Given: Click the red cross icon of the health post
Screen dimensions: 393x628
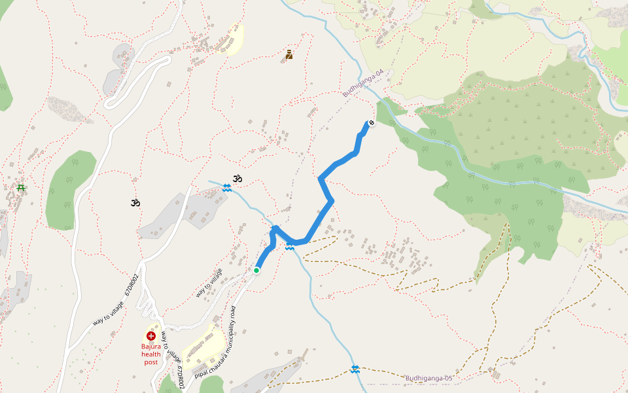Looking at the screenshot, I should pyautogui.click(x=151, y=335).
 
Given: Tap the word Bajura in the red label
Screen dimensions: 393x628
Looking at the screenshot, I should pyautogui.click(x=151, y=346).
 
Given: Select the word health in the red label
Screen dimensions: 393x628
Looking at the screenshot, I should pyautogui.click(x=151, y=354).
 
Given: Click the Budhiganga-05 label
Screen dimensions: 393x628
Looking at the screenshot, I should pyautogui.click(x=429, y=378).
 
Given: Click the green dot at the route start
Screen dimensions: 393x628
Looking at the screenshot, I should pyautogui.click(x=256, y=270).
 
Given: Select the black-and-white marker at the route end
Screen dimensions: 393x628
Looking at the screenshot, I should pyautogui.click(x=372, y=122).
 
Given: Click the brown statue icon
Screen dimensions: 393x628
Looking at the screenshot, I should pyautogui.click(x=289, y=55).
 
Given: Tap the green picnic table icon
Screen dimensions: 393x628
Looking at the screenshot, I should pyautogui.click(x=21, y=189).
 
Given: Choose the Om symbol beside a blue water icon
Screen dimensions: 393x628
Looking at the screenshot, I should pyautogui.click(x=237, y=178).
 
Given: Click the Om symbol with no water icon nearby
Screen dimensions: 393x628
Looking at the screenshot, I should pyautogui.click(x=135, y=203).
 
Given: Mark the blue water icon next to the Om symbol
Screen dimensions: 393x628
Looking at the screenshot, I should pyautogui.click(x=226, y=188).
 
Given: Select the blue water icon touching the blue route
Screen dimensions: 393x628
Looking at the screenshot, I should pyautogui.click(x=290, y=247).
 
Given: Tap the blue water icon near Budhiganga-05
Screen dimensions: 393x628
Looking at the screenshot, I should pyautogui.click(x=355, y=369).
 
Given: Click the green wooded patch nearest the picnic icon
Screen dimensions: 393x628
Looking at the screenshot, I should pyautogui.click(x=69, y=190).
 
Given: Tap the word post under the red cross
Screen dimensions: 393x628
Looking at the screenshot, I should pyautogui.click(x=151, y=362).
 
